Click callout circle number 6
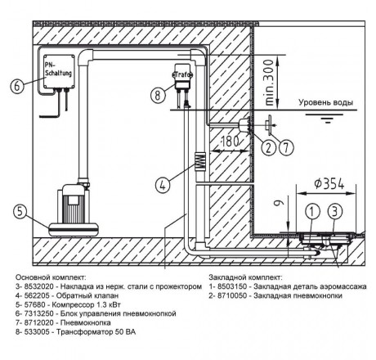coord(17,86)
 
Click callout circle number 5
coord(20,211)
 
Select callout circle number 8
coord(158,96)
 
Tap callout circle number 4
coord(163,186)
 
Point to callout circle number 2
coord(269,147)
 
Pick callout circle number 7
coord(286,147)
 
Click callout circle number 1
coord(312,211)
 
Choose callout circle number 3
coord(335,211)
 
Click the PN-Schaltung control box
coord(59,71)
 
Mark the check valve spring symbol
coord(199,160)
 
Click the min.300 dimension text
coord(269,83)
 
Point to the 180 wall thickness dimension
coord(229,142)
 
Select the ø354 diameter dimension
coord(329,184)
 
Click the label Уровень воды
coord(326,102)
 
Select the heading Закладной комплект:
coord(245,277)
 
